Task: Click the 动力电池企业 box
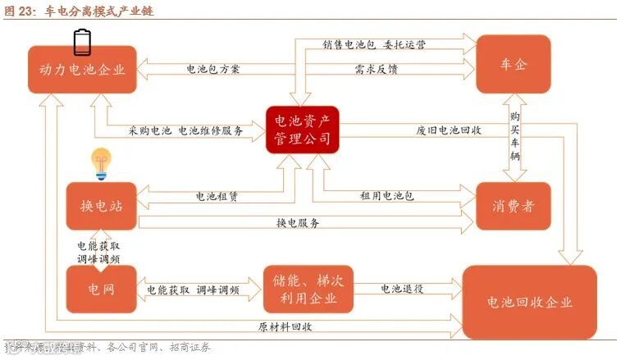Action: click(x=81, y=70)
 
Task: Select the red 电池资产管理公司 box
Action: click(x=303, y=130)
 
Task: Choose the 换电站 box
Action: click(x=101, y=206)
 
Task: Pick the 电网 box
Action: click(x=101, y=289)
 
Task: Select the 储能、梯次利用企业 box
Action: click(x=308, y=289)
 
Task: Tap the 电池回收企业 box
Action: click(x=529, y=302)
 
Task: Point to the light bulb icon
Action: click(x=101, y=164)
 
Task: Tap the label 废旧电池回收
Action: click(x=448, y=130)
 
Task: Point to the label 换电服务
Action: click(x=298, y=223)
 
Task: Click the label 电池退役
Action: click(x=402, y=289)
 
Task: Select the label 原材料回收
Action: click(x=285, y=326)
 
